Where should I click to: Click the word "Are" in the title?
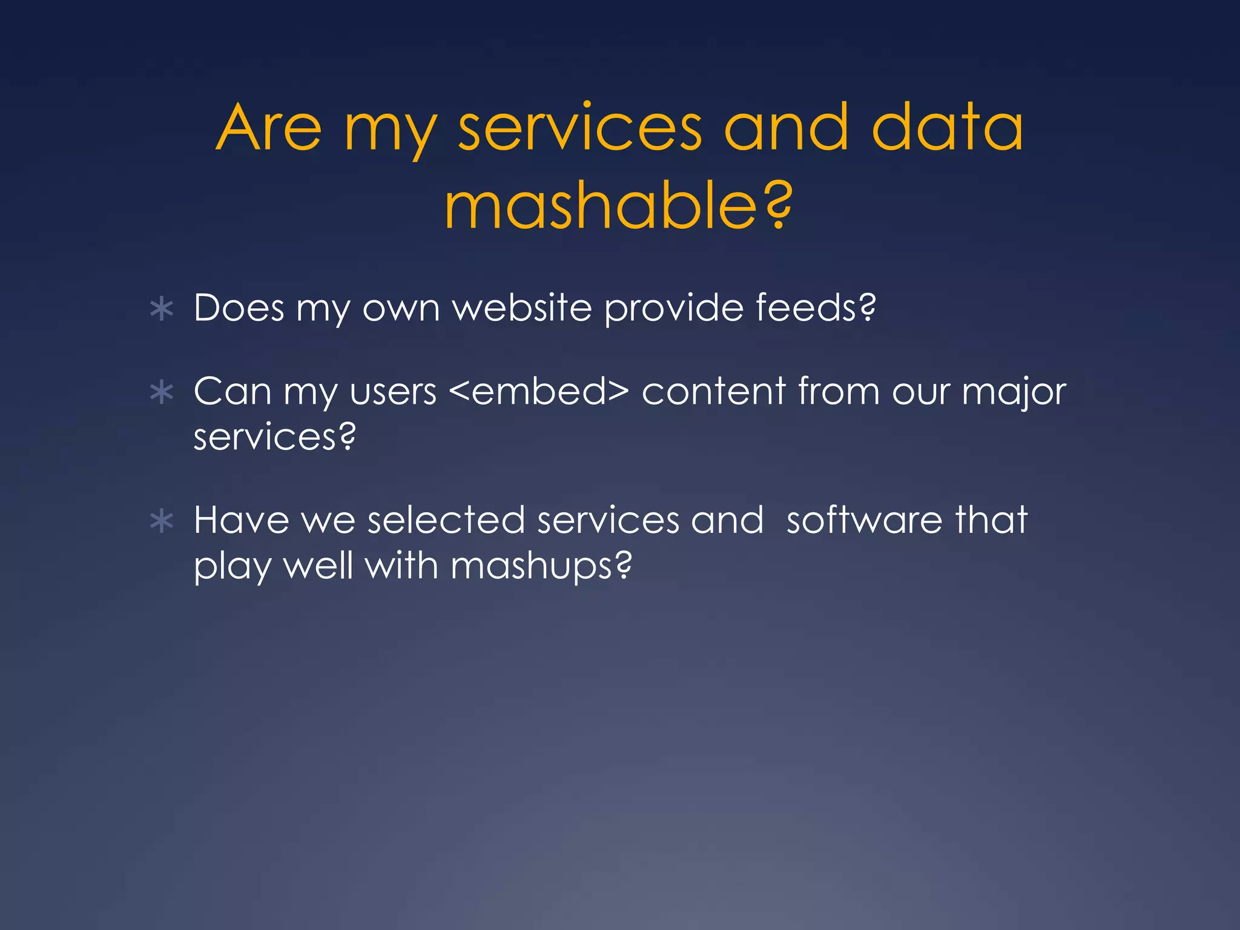269,128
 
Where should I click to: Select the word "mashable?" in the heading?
618,208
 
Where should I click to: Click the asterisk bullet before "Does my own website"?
162,309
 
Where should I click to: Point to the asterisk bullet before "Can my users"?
162,393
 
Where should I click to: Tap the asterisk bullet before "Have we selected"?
162,521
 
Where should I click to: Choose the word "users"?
393,392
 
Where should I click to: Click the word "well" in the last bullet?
318,566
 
